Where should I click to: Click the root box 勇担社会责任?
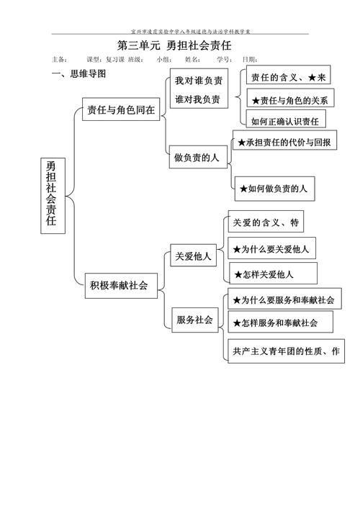(51, 195)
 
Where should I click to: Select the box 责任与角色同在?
(120, 112)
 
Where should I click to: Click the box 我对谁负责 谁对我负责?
(197, 89)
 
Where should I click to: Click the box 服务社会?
(194, 320)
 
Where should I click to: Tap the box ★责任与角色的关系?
(289, 99)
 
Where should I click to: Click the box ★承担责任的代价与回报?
(284, 143)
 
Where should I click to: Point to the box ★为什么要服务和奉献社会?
(283, 298)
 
